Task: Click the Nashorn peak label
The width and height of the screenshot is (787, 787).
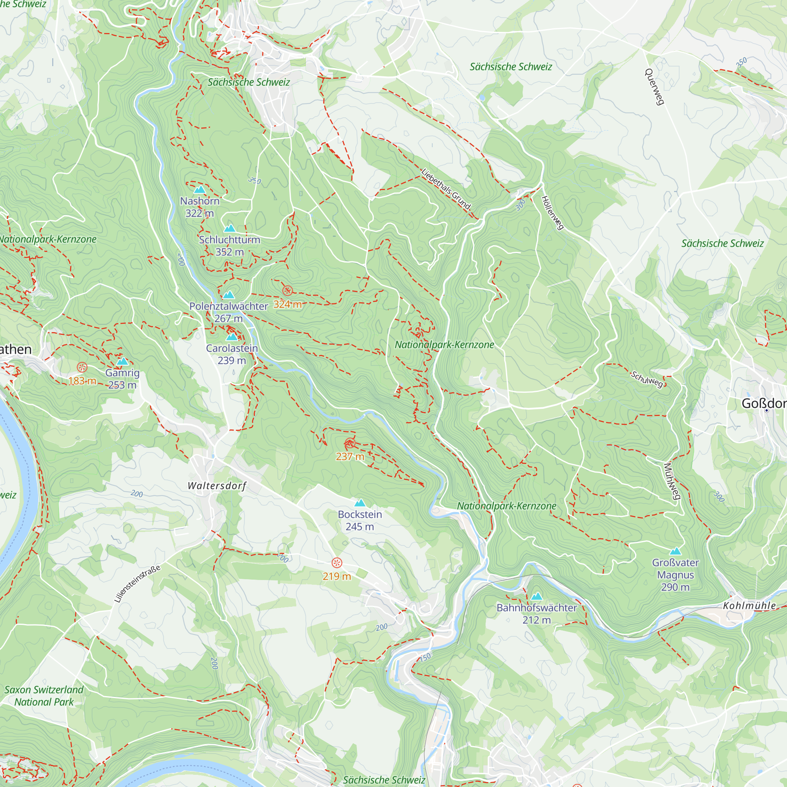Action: [x=200, y=201]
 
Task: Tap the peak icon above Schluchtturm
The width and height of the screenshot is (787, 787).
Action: [x=230, y=229]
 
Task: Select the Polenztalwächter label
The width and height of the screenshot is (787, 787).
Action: [x=229, y=306]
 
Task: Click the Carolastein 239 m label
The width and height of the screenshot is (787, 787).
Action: [x=232, y=355]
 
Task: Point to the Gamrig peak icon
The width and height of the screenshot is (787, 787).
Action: [x=122, y=362]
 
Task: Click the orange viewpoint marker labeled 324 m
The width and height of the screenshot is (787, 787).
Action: [x=288, y=291]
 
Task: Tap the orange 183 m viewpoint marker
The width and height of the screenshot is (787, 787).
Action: [x=82, y=368]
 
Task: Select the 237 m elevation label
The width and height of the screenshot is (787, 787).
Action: [x=350, y=456]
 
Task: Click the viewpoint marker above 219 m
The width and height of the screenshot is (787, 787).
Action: [x=336, y=563]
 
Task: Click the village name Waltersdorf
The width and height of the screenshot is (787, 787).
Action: [x=217, y=486]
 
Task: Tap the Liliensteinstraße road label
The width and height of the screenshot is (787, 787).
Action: [x=137, y=584]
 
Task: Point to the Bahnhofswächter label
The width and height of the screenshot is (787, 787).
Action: [x=536, y=608]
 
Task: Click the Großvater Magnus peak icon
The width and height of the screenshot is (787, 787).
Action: [x=675, y=552]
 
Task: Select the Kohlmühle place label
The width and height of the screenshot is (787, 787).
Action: [x=750, y=606]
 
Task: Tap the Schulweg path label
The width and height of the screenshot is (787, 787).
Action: [x=647, y=379]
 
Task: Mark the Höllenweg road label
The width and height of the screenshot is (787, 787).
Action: [x=552, y=212]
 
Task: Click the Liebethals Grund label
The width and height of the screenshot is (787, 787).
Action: [x=446, y=189]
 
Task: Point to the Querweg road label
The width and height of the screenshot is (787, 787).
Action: [x=655, y=87]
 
